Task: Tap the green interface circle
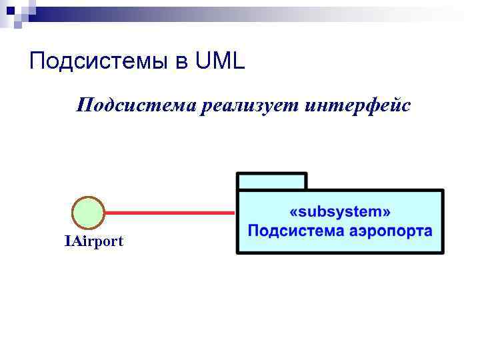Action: coord(88,213)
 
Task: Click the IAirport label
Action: coord(93,241)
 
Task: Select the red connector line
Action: coord(170,213)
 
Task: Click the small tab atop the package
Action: coord(271,181)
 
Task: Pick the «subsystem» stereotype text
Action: coord(340,212)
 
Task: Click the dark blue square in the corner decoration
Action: coord(9,10)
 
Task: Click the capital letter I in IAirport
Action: coord(67,241)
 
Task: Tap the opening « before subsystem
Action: coord(294,213)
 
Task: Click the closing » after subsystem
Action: coord(386,213)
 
